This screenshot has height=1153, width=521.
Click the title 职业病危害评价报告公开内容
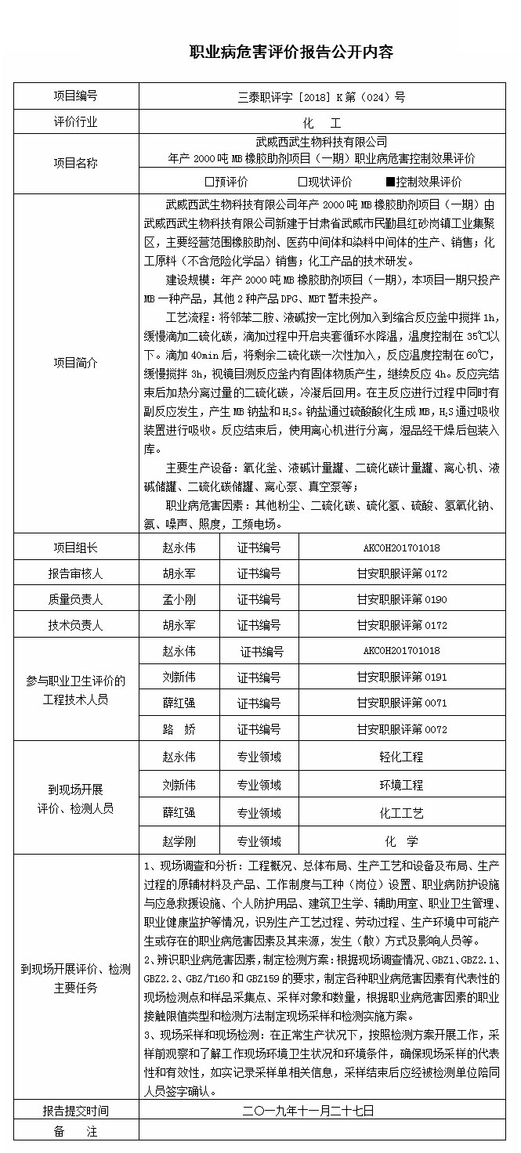pos(292,52)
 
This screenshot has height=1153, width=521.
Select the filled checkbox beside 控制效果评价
pos(390,182)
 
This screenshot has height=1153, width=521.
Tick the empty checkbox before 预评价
pos(208,182)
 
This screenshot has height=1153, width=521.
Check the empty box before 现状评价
pos(302,182)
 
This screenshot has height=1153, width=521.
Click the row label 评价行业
pos(75,123)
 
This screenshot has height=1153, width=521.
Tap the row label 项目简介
pos(75,363)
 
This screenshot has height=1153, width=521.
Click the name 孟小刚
pos(179,599)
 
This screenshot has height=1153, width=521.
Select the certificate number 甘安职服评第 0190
pos(401,599)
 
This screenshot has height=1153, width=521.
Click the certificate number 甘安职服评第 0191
pos(401,677)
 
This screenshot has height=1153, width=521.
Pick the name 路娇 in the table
pos(179,729)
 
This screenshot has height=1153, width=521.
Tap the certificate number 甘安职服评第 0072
pos(401,729)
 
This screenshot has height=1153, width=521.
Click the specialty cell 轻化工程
pos(401,757)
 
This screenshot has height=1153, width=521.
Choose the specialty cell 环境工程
pos(401,784)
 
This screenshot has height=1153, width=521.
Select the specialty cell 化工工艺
pos(401,813)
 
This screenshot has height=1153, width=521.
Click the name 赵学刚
pos(179,841)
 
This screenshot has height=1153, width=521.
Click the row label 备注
pos(75,1131)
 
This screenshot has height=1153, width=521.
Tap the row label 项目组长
pos(75,548)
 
